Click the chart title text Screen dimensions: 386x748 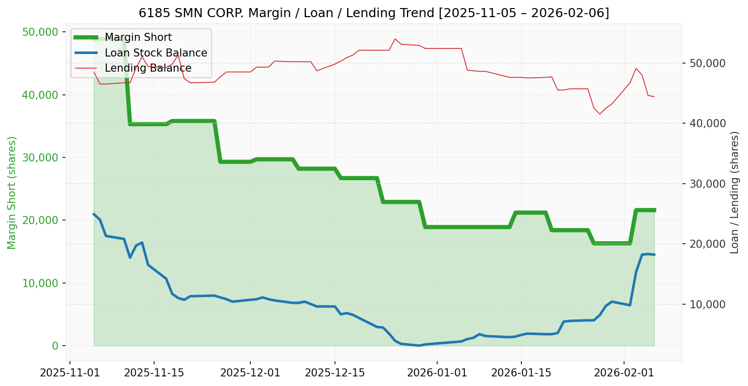click(x=374, y=13)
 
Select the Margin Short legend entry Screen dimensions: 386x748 click(x=138, y=37)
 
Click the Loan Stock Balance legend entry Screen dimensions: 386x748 click(x=156, y=53)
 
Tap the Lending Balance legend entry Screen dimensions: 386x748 click(x=148, y=68)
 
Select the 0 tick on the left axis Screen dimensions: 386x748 click(x=55, y=346)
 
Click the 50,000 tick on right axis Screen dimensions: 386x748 click(x=704, y=64)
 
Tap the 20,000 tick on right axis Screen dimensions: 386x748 click(x=704, y=244)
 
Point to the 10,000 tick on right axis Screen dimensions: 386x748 click(x=704, y=304)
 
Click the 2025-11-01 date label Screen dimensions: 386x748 click(x=70, y=373)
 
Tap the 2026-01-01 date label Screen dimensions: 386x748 click(x=437, y=373)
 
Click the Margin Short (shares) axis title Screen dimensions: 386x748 click(x=12, y=192)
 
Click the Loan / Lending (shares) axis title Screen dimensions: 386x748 click(x=735, y=192)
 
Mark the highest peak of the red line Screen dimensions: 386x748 click(x=395, y=39)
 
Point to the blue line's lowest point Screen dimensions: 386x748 click(x=419, y=346)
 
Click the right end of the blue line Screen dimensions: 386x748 click(x=654, y=255)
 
